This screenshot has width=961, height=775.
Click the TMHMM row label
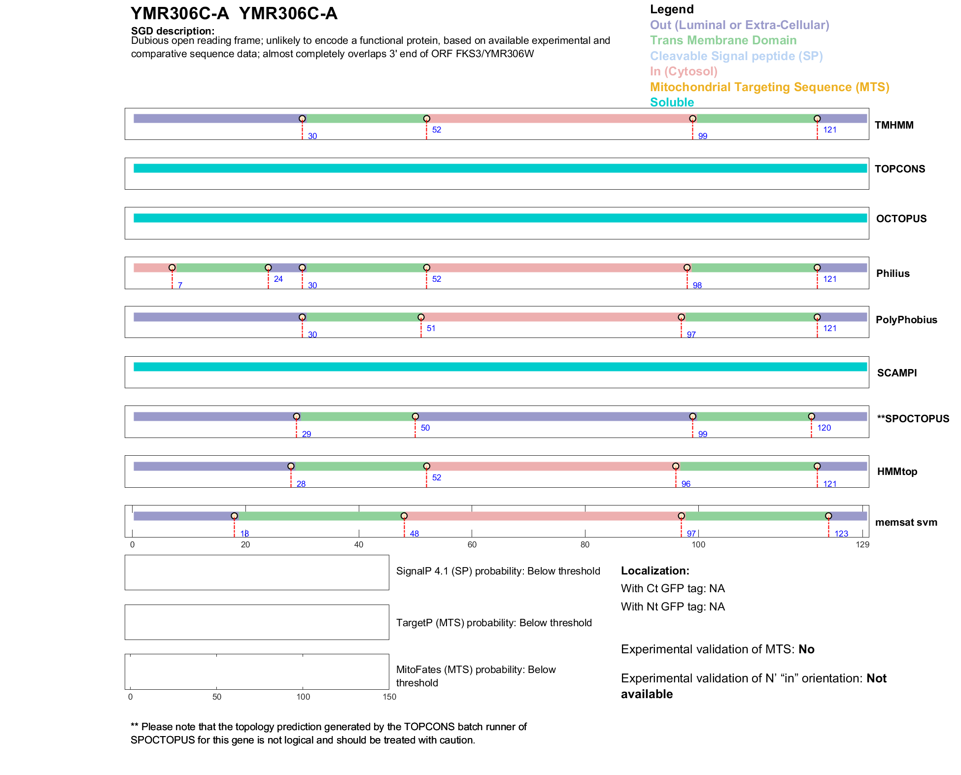click(x=894, y=125)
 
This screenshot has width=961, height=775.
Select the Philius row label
click(x=892, y=273)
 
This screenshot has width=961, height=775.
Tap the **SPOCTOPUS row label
click(x=913, y=419)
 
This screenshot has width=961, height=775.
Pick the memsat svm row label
click(x=906, y=522)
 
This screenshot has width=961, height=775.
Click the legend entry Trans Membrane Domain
click(x=723, y=40)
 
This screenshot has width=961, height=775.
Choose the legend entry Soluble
click(x=672, y=102)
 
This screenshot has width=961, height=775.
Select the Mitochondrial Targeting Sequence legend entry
click(x=769, y=87)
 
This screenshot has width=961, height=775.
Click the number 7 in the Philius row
click(x=180, y=286)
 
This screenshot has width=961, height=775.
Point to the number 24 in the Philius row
click(x=278, y=279)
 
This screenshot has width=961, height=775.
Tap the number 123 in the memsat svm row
click(x=841, y=534)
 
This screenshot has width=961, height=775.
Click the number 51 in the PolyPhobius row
click(x=431, y=329)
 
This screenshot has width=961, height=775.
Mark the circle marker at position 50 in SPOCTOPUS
click(x=415, y=417)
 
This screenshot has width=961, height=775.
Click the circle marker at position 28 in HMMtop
click(x=291, y=466)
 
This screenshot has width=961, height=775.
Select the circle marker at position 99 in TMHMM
click(x=693, y=119)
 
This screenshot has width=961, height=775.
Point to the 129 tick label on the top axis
click(x=862, y=545)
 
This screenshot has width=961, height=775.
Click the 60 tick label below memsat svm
click(x=472, y=545)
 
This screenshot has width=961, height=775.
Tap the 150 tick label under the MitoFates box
click(x=389, y=697)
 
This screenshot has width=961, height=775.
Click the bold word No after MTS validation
click(x=806, y=649)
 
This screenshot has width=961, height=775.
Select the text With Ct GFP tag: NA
click(x=673, y=589)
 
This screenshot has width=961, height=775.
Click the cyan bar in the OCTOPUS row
click(x=500, y=218)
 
